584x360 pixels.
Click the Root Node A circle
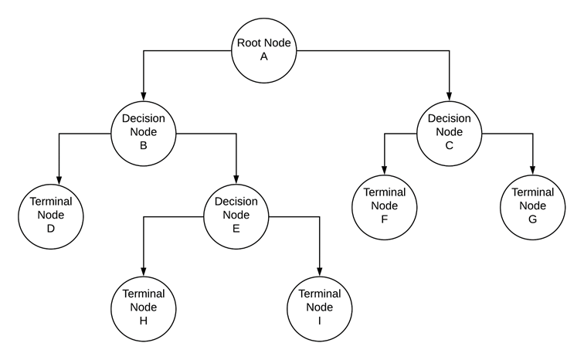coord(265,51)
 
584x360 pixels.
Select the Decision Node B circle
coord(144,132)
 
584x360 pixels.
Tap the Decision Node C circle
coord(449,132)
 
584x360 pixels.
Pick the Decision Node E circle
coord(236,214)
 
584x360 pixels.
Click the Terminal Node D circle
coord(51,214)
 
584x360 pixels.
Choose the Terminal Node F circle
coord(384,205)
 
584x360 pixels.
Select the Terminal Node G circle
coord(532,205)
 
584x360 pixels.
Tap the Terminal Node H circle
coord(144,307)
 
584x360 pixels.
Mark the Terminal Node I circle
coord(319,307)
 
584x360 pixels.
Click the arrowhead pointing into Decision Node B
coord(144,96)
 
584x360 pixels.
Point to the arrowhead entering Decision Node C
coord(449,96)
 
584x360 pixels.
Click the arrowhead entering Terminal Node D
coord(59,178)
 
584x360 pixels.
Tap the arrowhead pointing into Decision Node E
coord(236,178)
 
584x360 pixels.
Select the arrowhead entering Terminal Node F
coord(384,169)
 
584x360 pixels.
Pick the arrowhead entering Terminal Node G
coord(532,169)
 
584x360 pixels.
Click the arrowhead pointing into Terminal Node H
coord(144,270)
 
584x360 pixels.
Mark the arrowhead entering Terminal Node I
coord(319,270)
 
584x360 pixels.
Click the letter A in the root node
coord(265,59)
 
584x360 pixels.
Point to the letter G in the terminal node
coord(532,219)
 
